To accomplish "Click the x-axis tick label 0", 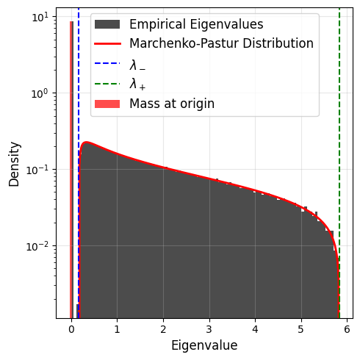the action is click(x=71, y=329).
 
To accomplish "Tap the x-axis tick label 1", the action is click(x=117, y=329).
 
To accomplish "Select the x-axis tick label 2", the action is click(x=163, y=329).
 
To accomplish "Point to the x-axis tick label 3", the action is click(x=209, y=329).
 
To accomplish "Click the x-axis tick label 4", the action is click(x=255, y=329).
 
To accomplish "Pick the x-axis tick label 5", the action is click(x=300, y=329).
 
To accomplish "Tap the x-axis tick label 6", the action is click(x=347, y=329).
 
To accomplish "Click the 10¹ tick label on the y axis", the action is click(x=40, y=17).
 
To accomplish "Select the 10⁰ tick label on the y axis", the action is click(x=40, y=93).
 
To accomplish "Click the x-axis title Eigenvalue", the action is click(x=204, y=346).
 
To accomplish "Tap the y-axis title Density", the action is click(x=14, y=165).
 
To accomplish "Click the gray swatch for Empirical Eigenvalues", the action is click(x=107, y=24).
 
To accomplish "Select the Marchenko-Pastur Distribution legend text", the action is click(x=221, y=43).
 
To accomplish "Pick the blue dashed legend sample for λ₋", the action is click(x=107, y=63).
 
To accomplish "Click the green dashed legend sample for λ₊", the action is click(x=107, y=84).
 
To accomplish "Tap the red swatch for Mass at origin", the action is click(x=107, y=104).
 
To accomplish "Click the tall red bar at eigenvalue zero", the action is click(x=71, y=170).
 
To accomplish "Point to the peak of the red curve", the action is click(x=86, y=142).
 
